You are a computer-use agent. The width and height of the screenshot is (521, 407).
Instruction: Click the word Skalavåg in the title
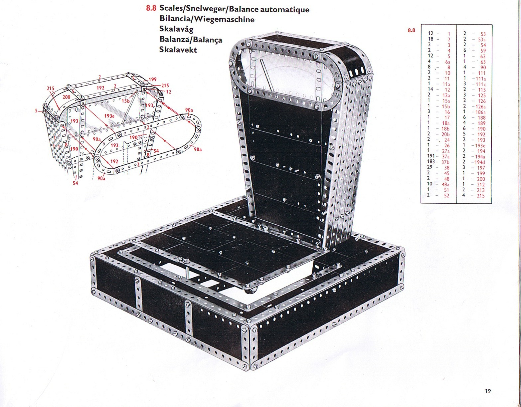176,29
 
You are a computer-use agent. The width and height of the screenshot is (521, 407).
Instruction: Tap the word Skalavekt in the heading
178,50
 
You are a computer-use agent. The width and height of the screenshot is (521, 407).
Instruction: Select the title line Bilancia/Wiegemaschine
207,19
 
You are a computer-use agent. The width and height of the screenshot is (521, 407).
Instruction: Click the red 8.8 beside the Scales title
151,8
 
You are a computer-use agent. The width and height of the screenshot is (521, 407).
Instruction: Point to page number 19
488,391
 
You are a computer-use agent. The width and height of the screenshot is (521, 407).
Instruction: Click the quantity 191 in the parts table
431,156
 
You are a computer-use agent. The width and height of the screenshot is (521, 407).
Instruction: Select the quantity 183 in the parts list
431,162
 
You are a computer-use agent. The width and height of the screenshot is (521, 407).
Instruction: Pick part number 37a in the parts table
446,157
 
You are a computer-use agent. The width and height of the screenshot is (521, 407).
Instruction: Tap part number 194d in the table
480,162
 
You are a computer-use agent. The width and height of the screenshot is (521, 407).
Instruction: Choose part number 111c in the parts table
481,84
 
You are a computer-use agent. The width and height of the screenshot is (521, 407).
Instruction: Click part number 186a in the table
481,112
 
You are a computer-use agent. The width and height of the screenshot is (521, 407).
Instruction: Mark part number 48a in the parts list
446,184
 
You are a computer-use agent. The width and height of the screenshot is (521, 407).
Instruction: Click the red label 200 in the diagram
67,97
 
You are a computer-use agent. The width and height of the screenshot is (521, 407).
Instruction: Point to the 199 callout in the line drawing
152,80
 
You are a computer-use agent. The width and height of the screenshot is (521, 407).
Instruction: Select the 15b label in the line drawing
125,101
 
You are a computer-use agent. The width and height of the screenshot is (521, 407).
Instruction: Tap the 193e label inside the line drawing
109,116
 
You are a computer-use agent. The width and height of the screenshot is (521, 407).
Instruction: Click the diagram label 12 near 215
169,92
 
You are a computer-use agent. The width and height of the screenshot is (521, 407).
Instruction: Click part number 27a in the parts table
446,151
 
